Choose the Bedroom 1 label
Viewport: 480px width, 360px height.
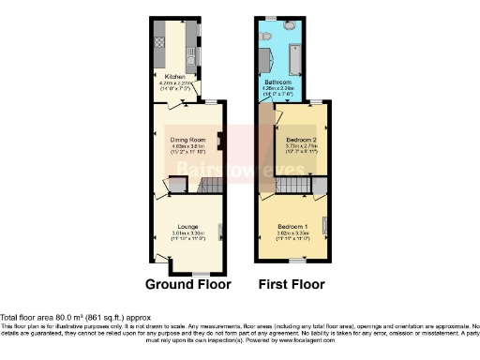click(292, 226)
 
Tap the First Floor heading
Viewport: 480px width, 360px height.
click(292, 283)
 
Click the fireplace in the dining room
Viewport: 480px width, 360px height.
click(218, 142)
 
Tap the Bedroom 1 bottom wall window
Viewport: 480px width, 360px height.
click(292, 261)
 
